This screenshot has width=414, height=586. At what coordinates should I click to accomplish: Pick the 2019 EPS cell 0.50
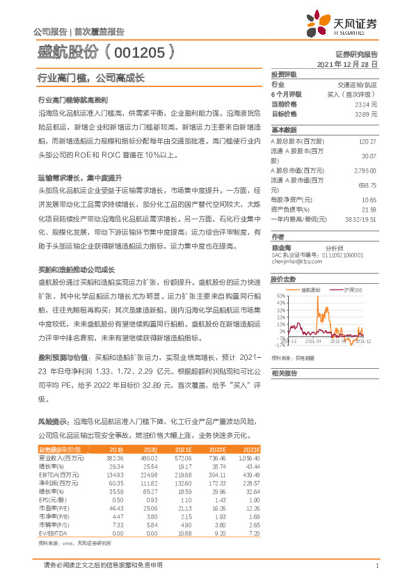click(116, 500)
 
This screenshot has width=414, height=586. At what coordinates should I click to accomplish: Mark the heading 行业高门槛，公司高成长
click(91, 78)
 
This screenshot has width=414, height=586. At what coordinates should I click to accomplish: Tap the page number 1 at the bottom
click(376, 565)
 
